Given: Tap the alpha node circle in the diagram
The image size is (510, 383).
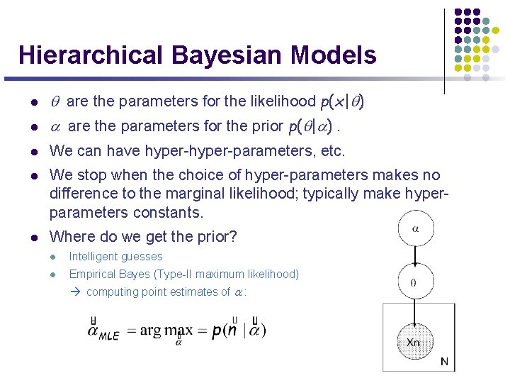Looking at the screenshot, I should (x=415, y=229).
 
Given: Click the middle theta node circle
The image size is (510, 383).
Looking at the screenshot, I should (x=414, y=282).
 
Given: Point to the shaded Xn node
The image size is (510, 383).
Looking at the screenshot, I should (x=414, y=342).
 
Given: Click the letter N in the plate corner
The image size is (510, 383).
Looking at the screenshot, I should (x=444, y=362).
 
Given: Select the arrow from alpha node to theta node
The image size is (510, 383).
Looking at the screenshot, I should (x=415, y=255).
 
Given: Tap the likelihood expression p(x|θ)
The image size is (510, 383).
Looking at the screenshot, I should (x=343, y=102).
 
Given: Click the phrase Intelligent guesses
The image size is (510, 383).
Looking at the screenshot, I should (x=115, y=257).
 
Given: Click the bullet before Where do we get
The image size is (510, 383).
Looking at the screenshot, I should (x=33, y=237).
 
